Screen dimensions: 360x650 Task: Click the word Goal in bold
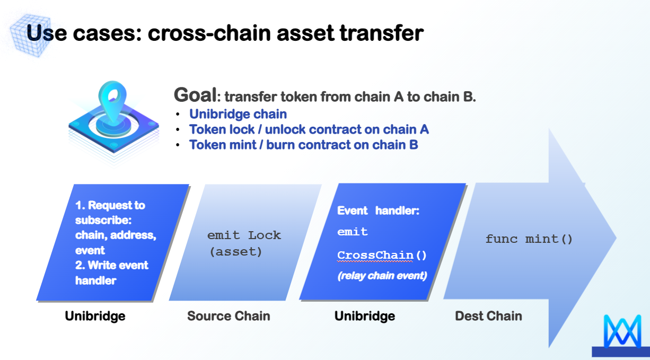coord(195,95)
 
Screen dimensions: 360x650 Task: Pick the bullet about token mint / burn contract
coord(303,145)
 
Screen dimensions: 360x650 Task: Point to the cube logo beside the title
coord(33,33)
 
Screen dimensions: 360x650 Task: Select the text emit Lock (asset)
coord(243,243)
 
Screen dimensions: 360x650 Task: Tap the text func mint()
coord(529,239)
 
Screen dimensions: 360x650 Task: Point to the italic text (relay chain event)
coord(382,276)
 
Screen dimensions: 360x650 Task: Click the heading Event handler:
coord(378,211)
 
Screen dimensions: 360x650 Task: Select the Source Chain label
coord(229,317)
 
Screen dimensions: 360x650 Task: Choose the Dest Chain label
coord(488,317)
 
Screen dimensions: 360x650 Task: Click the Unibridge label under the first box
coord(95,317)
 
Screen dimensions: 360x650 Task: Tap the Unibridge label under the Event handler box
coord(364,317)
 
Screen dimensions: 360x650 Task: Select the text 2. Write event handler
coord(111,273)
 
